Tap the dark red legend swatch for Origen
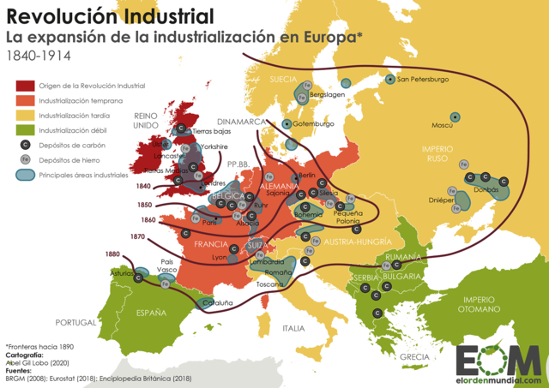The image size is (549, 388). coord(25,86)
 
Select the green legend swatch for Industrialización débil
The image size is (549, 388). coord(25,130)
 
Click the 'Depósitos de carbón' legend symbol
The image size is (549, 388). coord(25,145)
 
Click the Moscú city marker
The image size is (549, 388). coord(455,116)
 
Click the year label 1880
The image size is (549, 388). coord(113,254)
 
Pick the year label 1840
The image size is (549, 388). coord(143,186)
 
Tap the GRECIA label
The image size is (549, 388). coord(413,356)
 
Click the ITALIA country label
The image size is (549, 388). coord(294,328)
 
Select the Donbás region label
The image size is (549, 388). coord(486,189)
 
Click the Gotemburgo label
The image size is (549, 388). coord(313,123)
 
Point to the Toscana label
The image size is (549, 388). coord(269,284)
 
